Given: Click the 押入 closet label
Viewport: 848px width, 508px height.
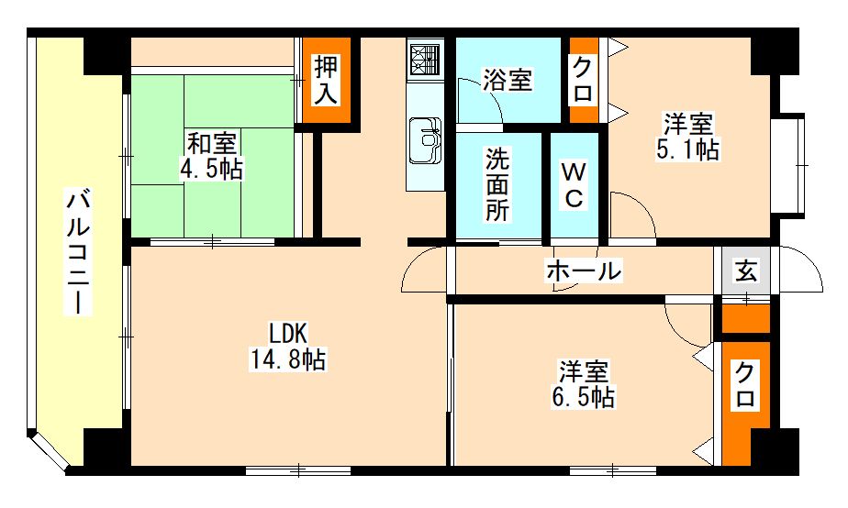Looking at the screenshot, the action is click(x=326, y=80).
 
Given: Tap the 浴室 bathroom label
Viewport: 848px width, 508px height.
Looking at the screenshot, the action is click(x=508, y=80).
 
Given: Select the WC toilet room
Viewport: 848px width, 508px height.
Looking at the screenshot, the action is click(x=574, y=185).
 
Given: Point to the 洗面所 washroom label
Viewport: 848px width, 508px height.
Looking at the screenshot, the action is click(x=497, y=184).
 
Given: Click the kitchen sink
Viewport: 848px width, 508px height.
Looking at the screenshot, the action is click(x=425, y=140).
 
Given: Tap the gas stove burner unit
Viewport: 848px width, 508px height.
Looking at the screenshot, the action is click(x=426, y=60).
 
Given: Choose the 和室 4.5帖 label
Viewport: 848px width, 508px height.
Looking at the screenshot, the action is click(x=211, y=157).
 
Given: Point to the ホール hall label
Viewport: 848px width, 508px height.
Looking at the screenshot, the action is click(x=584, y=271).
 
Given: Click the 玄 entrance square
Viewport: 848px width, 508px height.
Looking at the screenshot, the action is click(x=746, y=271).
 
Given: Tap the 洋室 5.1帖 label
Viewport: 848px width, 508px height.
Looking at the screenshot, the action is click(x=687, y=137).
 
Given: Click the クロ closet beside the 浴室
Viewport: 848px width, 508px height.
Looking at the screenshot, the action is click(x=583, y=80).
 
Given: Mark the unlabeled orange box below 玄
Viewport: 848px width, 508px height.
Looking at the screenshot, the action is click(x=746, y=319).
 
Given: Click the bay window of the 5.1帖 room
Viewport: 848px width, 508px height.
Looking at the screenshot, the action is click(x=788, y=164).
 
